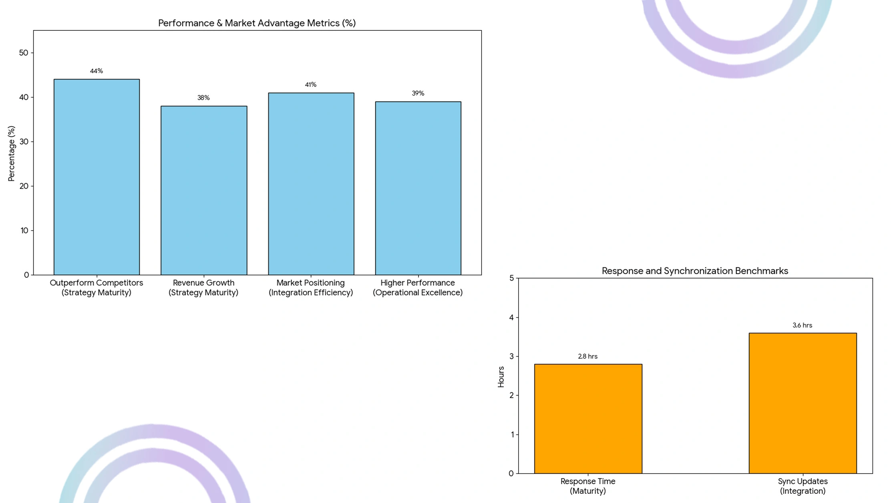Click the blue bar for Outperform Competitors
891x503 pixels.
(97, 177)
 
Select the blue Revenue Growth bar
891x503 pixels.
(204, 190)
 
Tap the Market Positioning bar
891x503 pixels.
(311, 184)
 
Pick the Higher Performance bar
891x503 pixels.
(418, 188)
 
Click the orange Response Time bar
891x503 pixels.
(588, 419)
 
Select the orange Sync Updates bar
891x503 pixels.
(803, 403)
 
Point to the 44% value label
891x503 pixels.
(97, 71)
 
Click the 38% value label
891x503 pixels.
(203, 98)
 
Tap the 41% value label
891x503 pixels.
(311, 84)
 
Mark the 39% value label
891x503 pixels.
(418, 93)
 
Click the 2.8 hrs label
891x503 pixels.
(587, 356)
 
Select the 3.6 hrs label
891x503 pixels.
(802, 325)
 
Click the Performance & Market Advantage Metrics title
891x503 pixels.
(257, 23)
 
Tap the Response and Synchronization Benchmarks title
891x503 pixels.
(695, 271)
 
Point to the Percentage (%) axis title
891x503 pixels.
(11, 153)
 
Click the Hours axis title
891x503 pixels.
(501, 377)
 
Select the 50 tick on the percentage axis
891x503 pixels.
(24, 53)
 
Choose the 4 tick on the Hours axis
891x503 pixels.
(511, 317)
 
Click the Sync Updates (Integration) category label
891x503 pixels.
(803, 486)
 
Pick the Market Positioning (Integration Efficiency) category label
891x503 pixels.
(311, 287)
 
